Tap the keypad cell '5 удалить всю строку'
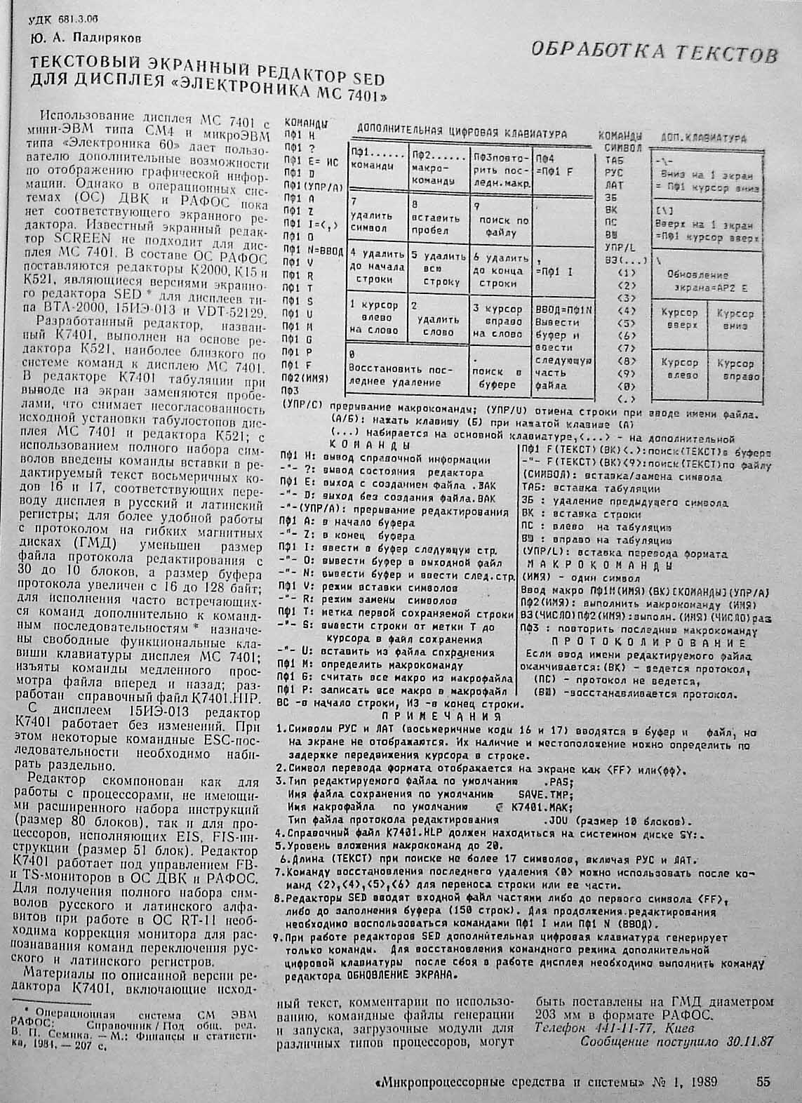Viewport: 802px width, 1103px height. pos(436,267)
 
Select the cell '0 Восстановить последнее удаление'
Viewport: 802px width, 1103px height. pos(405,368)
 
